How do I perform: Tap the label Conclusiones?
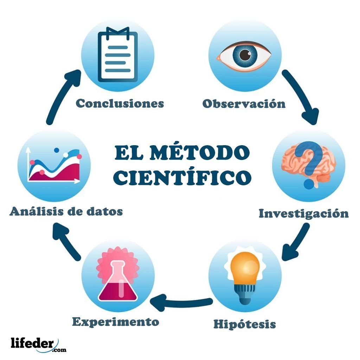point(120,103)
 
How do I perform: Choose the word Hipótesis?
point(244,324)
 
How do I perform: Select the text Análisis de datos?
point(66,212)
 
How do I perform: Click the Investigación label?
point(303,213)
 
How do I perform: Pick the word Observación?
point(244,104)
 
